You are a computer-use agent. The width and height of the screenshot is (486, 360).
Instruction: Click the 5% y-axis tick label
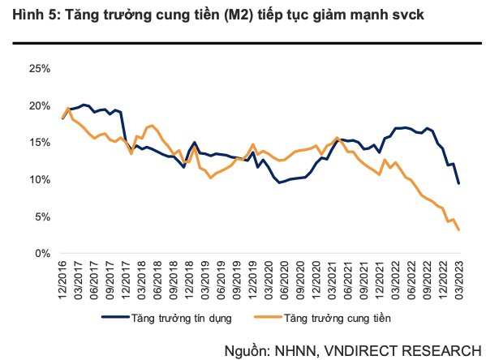coord(42,216)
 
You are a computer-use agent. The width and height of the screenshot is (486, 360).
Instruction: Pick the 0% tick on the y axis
coord(42,253)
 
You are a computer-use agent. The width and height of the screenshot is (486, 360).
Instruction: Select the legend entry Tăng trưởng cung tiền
coord(333,318)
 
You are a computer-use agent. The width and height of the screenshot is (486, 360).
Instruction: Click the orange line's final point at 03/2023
coord(460,229)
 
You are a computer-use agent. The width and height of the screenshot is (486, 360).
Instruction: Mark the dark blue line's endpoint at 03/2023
coord(459,183)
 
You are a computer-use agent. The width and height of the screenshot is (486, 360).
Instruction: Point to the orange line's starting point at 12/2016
coord(62,118)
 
